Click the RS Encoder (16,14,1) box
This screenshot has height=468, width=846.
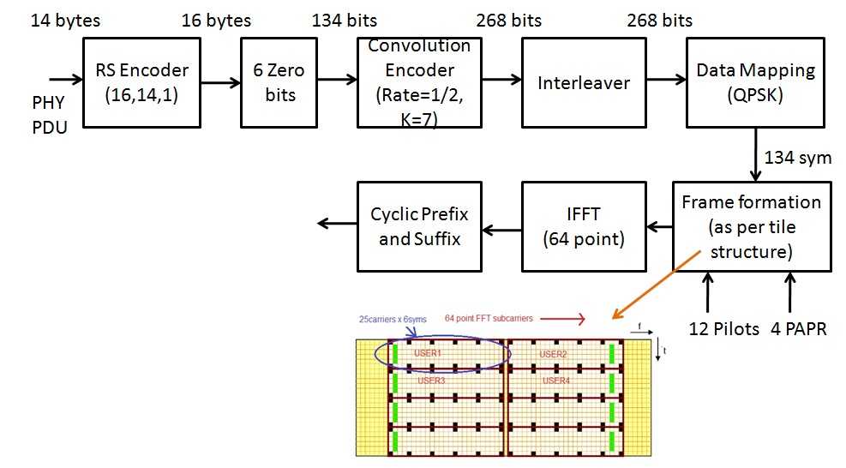point(141,82)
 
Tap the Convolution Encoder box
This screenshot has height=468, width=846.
point(419,82)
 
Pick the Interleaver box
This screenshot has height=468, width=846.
point(584,82)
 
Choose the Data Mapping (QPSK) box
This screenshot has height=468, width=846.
point(750,82)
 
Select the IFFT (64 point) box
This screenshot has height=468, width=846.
point(584,225)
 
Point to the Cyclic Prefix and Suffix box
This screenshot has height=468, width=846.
point(419,225)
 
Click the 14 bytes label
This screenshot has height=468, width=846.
point(65,19)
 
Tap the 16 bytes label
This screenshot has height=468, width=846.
point(216,19)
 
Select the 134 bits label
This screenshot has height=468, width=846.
point(345,19)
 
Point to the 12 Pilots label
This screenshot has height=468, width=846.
point(724,327)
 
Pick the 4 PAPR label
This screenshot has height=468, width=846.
point(799,327)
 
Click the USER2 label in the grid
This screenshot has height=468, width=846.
point(553,353)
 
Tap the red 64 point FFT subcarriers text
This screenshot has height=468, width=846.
point(489,318)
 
